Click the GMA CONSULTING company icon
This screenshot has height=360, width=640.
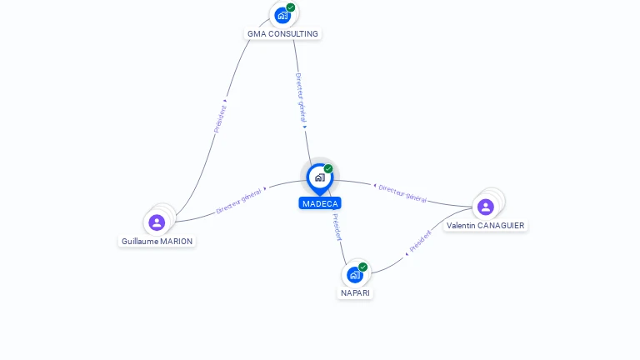click(x=282, y=16)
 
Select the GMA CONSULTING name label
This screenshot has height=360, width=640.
click(x=282, y=34)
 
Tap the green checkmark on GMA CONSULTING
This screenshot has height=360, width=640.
click(x=291, y=7)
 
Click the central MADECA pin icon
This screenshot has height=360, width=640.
click(x=320, y=179)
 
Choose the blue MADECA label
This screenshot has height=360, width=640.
click(x=320, y=203)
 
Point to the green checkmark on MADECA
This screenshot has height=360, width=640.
click(x=328, y=168)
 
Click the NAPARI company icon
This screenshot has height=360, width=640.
click(x=355, y=275)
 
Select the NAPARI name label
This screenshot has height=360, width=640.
click(x=355, y=293)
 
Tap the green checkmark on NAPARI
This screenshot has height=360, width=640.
click(x=362, y=267)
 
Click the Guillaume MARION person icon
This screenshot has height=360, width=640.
click(x=157, y=222)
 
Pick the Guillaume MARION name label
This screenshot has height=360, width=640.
click(x=157, y=241)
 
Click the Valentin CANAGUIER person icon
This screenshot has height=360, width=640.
click(x=486, y=207)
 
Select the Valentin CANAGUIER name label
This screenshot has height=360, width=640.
click(x=485, y=225)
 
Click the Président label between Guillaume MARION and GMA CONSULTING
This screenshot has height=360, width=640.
click(x=220, y=119)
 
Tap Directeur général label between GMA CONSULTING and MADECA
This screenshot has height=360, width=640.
click(x=301, y=97)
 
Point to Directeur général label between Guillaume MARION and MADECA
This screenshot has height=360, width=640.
click(x=238, y=201)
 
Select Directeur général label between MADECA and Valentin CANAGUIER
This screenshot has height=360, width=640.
click(x=402, y=193)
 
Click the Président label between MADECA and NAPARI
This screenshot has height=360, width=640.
click(x=337, y=227)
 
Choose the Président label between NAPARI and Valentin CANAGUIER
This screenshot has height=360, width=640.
click(x=420, y=241)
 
